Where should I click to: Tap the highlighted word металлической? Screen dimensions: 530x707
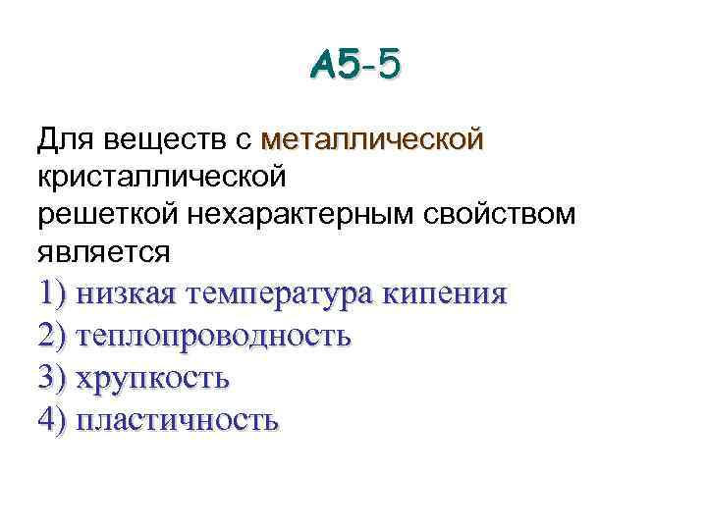[x=372, y=140]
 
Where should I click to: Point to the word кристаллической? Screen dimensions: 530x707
[x=162, y=178]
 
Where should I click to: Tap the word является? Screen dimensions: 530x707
[x=103, y=252]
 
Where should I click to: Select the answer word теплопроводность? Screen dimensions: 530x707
[x=212, y=337]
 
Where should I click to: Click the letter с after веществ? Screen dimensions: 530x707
[x=245, y=141]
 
